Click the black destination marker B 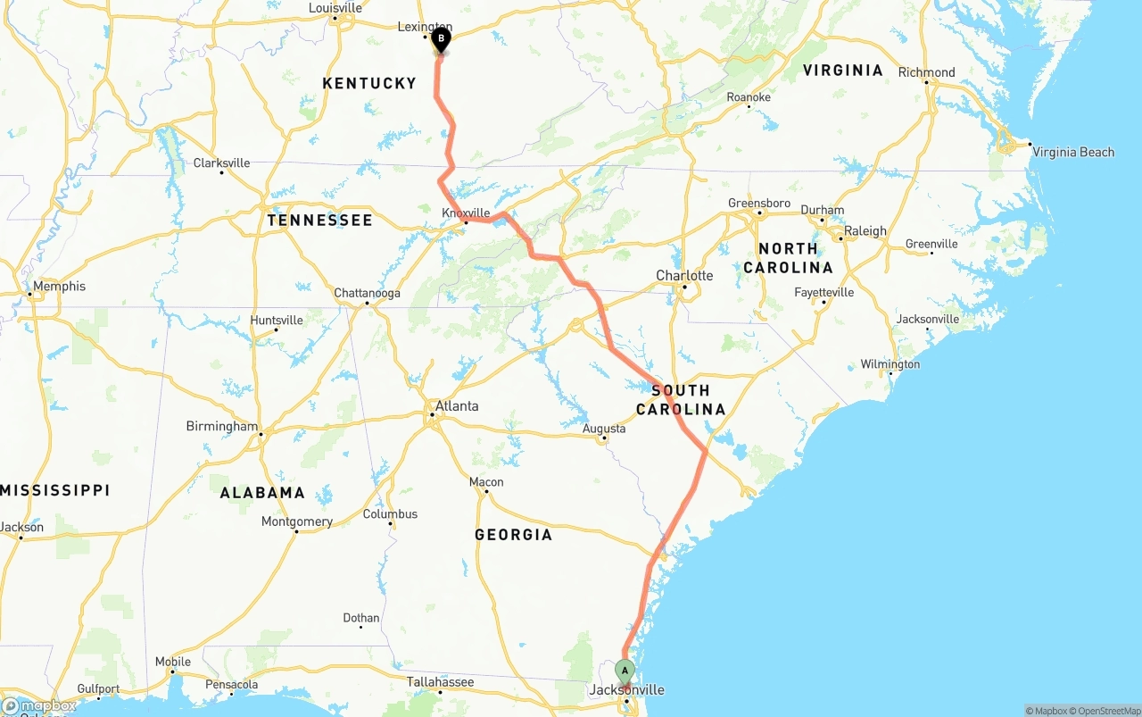[441, 39]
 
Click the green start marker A [625, 671]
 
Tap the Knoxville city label [466, 213]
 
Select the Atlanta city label [456, 406]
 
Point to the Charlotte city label [684, 275]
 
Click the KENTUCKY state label [369, 83]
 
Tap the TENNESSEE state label [320, 220]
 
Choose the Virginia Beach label [1073, 152]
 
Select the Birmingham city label [221, 426]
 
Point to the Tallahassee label [440, 681]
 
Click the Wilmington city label [890, 364]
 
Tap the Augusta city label [604, 429]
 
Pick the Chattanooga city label [367, 293]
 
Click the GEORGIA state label [513, 535]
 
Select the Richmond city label [926, 72]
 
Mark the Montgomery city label [296, 521]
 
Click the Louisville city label [335, 8]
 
